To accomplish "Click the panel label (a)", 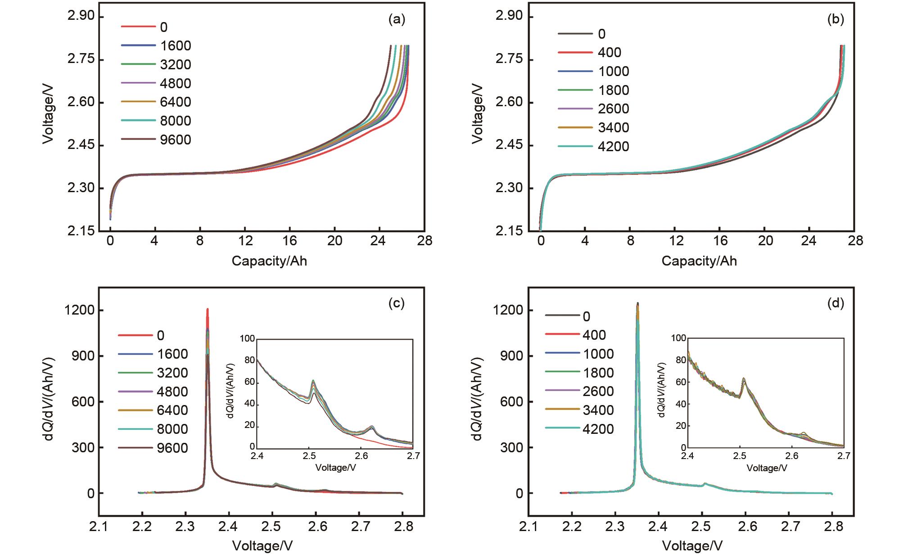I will point(397,19).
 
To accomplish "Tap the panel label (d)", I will point(836,303).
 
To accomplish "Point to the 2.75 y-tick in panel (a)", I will point(81,60).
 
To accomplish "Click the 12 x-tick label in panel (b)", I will point(676,241).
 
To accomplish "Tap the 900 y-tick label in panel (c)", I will point(83,356).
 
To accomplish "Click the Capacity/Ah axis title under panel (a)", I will point(269,261).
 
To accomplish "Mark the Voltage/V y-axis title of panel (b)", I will point(478,114).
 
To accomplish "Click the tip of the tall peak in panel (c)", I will point(208,309).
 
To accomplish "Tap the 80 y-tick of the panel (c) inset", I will point(249,360).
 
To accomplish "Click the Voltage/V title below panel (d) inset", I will point(767,468).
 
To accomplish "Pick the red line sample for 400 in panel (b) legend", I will point(575,53).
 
